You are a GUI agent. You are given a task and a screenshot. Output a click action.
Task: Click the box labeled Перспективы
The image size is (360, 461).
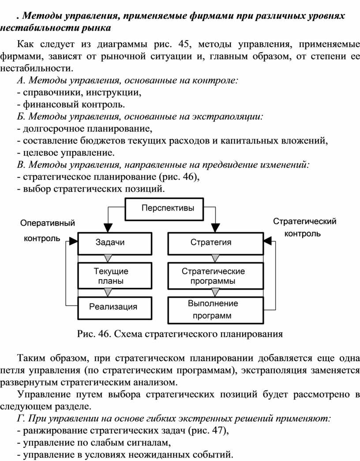[x=165, y=209]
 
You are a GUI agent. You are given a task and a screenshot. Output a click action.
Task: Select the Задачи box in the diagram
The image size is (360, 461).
[x=115, y=243]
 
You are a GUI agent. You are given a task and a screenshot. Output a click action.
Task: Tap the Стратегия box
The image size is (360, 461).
[x=216, y=243]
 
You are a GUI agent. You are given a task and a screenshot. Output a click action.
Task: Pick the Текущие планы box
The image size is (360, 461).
[x=115, y=276]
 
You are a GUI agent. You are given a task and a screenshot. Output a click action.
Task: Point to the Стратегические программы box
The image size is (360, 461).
[x=216, y=276]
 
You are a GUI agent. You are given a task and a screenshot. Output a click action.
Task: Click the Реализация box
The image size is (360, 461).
[x=115, y=308]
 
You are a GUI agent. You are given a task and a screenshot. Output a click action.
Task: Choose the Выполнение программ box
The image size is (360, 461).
[x=216, y=310]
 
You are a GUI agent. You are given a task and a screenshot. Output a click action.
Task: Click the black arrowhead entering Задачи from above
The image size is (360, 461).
[x=108, y=228]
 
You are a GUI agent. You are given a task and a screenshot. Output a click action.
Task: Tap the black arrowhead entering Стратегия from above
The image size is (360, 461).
[x=216, y=228]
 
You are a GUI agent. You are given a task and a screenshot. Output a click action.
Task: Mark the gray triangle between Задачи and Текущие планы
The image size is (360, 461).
[x=108, y=258]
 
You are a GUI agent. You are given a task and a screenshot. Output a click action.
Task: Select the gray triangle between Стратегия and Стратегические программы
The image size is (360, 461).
[x=216, y=258]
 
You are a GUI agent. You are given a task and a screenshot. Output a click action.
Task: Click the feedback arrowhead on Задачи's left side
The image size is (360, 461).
[x=73, y=242]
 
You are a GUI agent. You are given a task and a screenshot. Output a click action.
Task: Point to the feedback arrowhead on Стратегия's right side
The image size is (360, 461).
[x=268, y=242]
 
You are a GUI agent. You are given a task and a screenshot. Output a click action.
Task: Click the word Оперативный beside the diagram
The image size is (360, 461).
[x=48, y=223]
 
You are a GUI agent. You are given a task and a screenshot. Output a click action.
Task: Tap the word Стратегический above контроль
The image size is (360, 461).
[x=304, y=221]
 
